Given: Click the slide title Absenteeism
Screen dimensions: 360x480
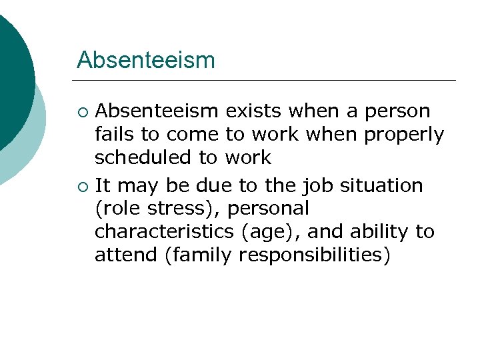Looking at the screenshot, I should point(146,60).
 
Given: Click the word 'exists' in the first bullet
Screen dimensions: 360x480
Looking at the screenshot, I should point(254,111).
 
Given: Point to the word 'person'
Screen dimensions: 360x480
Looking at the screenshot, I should point(397,111).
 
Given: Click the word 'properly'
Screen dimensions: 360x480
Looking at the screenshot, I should point(404,135).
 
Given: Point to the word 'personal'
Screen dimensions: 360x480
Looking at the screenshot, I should point(269,209).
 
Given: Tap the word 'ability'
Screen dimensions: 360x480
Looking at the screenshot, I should point(373,231).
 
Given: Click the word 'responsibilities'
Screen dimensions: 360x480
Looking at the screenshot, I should point(314,255).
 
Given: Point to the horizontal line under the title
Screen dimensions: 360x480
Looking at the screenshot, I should point(267,81).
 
